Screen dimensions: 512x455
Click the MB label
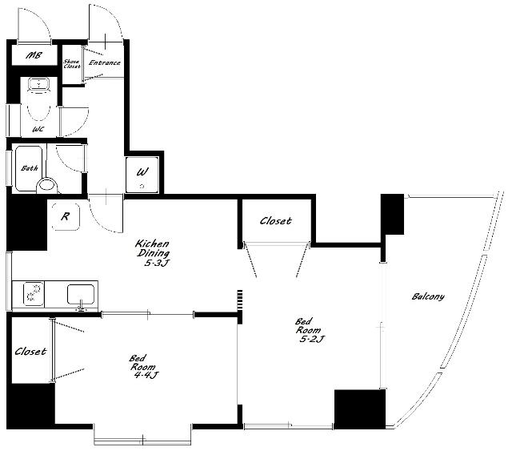point(34,55)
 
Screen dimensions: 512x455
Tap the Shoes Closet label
point(72,64)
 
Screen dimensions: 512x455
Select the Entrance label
point(105,62)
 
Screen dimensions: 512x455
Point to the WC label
point(38,129)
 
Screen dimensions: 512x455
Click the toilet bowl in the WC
point(38,106)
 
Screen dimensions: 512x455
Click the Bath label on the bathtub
point(30,168)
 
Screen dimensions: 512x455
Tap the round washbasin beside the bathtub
point(47,186)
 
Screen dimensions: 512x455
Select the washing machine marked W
point(142,175)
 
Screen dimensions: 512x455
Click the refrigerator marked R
point(66,216)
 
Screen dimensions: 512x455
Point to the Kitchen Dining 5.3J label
point(153,253)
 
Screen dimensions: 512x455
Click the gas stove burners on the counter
point(34,292)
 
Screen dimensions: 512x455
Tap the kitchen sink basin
point(81,294)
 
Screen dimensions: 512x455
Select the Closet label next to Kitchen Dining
point(275,221)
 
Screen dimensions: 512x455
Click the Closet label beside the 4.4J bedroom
point(30,352)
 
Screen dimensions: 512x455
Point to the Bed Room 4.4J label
point(144,367)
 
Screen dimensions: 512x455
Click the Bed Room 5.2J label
point(310,330)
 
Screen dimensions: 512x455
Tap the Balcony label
point(428,296)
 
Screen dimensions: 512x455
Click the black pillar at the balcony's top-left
point(393,214)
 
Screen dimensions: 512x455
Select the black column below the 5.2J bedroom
point(360,409)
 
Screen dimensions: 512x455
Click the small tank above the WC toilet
point(38,84)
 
